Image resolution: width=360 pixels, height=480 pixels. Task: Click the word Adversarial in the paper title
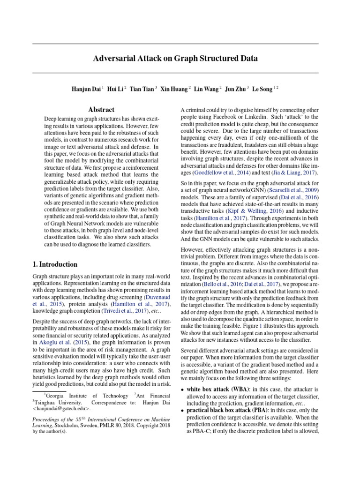[x=114, y=59]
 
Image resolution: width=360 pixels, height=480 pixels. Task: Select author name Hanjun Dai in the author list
[x=86, y=89]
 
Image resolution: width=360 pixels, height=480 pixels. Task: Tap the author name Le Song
[x=262, y=89]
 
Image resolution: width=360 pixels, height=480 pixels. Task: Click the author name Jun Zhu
[x=235, y=89]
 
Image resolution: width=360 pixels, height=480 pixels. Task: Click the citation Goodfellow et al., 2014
[x=211, y=173]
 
